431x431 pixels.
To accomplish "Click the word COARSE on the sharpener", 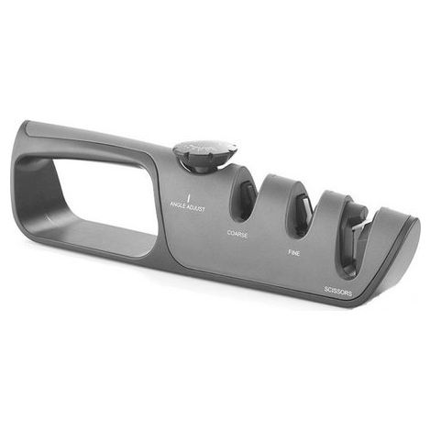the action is click(238, 234).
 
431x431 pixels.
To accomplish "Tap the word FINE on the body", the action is click(293, 253).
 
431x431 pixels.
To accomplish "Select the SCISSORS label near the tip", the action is click(338, 292).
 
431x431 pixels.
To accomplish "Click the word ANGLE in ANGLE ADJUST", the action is click(178, 204).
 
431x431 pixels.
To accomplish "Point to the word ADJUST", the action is click(195, 208).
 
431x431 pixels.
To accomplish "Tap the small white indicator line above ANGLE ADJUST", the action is click(189, 197).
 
